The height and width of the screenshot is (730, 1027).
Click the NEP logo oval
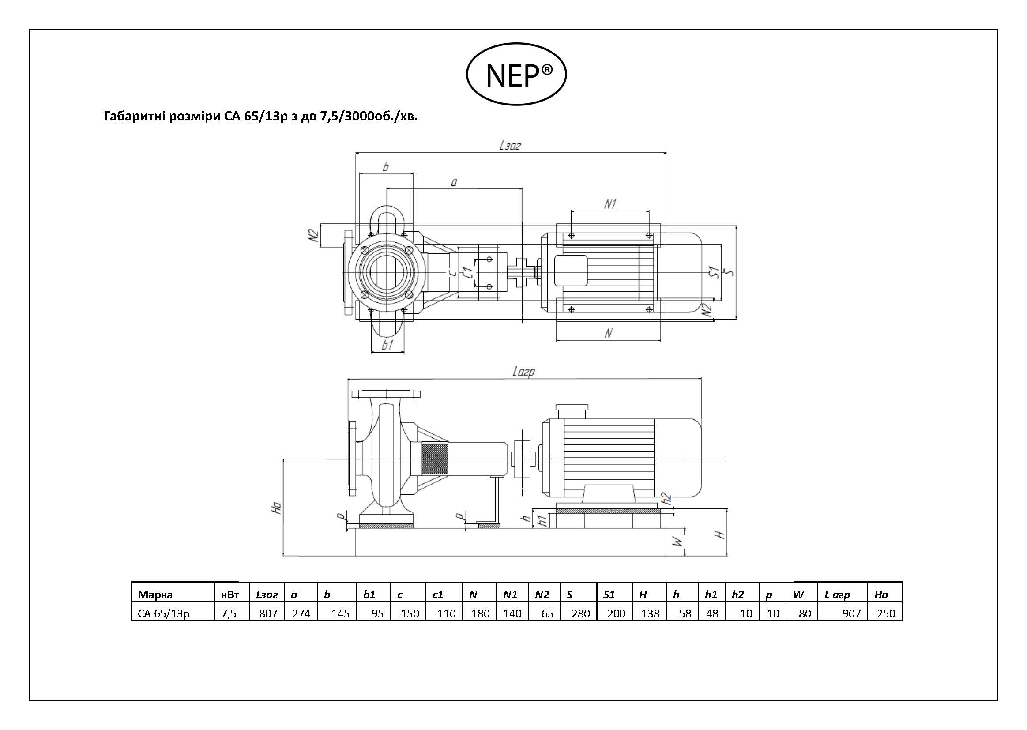click(467, 74)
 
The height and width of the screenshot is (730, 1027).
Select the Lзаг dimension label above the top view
click(510, 145)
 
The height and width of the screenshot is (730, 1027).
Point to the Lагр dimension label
click(523, 372)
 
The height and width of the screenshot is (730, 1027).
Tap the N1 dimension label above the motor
click(610, 204)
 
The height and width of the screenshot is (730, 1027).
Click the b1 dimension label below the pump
click(387, 345)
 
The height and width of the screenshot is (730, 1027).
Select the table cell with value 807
click(267, 613)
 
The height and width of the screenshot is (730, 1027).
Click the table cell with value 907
click(843, 613)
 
